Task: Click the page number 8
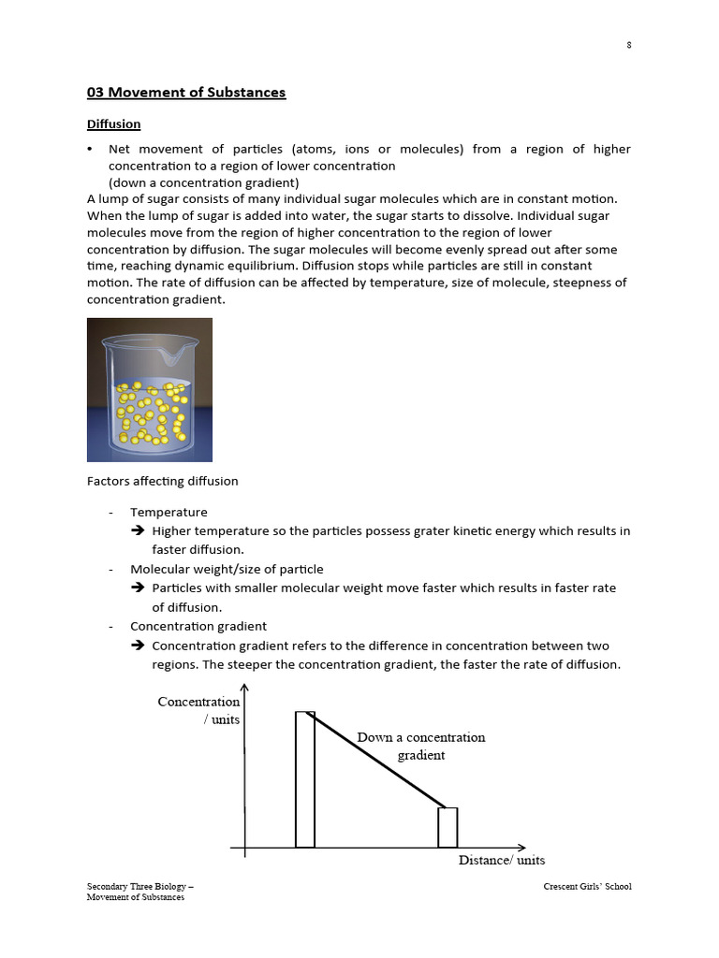(628, 46)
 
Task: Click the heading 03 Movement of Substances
(186, 93)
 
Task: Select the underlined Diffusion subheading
(114, 124)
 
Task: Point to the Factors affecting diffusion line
(163, 481)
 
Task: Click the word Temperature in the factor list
(169, 512)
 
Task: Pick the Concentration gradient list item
(198, 626)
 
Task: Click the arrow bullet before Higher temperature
(137, 531)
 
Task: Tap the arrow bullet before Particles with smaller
(137, 588)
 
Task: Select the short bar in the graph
(448, 827)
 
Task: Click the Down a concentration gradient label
(421, 746)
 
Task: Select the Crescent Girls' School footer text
(587, 887)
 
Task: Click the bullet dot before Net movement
(90, 150)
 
